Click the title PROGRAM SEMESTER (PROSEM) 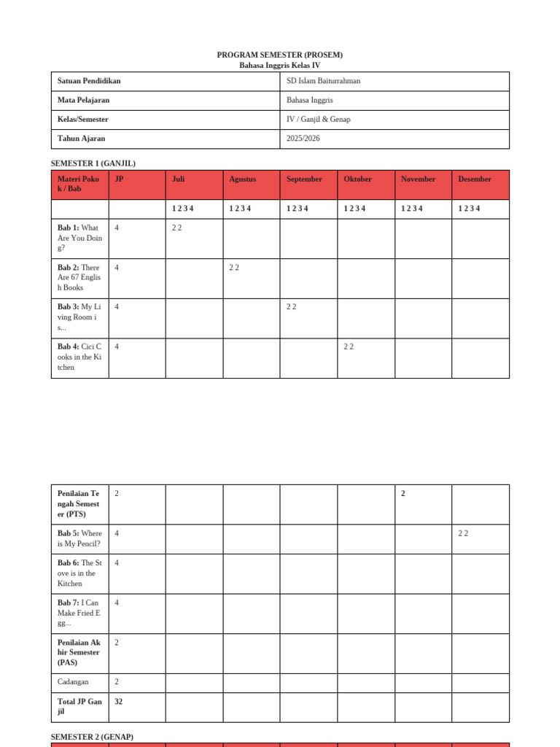(279, 55)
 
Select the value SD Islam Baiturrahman (323, 81)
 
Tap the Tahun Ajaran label (81, 138)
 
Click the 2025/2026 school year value (303, 138)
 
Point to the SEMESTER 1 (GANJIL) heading (93, 163)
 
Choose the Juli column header (179, 179)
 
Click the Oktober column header (357, 179)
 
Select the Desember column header (475, 179)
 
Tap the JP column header (119, 179)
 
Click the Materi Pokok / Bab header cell (79, 184)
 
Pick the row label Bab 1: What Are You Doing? (79, 238)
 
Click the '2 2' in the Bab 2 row (234, 268)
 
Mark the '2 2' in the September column (291, 307)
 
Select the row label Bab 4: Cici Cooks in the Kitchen (79, 357)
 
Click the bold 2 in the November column (403, 494)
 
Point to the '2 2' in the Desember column (463, 533)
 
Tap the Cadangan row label (73, 682)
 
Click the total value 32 (119, 702)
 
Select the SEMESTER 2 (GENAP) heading (92, 737)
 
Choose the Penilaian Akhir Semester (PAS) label (79, 652)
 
